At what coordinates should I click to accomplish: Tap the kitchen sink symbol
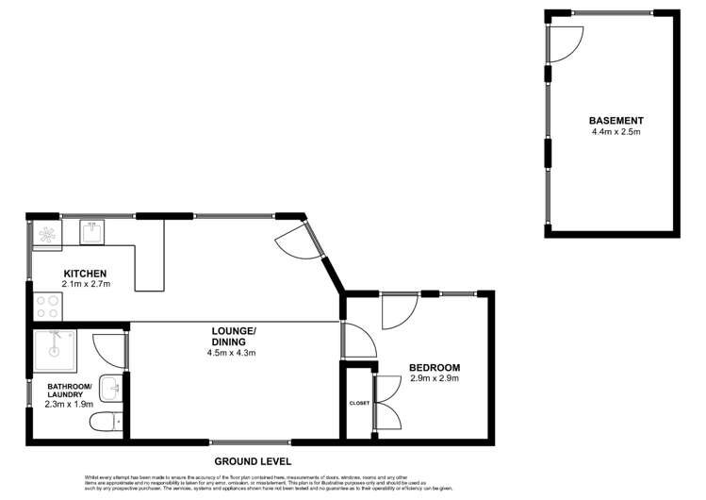tap(92, 231)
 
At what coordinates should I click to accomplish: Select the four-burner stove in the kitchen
tap(47, 308)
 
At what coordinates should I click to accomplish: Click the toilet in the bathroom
tap(106, 422)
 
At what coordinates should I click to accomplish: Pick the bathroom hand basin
tap(111, 387)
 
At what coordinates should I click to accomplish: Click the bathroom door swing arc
tap(111, 352)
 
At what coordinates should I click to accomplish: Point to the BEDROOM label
tap(434, 367)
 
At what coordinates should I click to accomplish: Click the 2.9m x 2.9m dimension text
tap(434, 378)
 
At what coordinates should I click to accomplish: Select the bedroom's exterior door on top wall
tap(400, 310)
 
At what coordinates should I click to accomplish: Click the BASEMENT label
tap(616, 121)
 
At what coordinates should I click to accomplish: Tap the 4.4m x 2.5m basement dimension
tap(616, 132)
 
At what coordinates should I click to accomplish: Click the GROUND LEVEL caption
tap(253, 461)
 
